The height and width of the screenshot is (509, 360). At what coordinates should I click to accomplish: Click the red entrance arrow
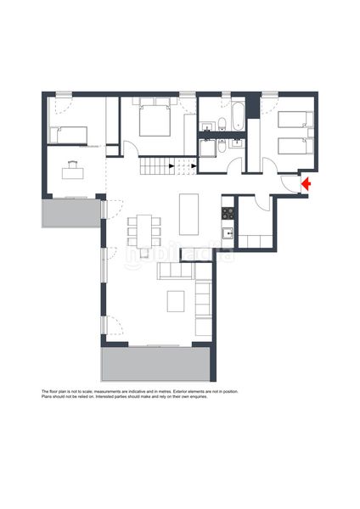[306, 184]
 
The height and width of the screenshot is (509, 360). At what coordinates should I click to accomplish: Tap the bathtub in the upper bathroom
[238, 116]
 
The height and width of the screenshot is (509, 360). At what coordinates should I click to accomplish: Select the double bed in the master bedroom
[155, 120]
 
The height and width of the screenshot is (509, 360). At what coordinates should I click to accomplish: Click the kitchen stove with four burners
[228, 213]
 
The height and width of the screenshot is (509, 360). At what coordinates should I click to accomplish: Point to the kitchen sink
[228, 233]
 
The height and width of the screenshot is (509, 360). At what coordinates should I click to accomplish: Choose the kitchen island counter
[188, 215]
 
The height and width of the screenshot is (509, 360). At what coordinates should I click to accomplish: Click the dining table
[144, 231]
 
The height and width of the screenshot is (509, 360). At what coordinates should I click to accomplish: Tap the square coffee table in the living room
[176, 301]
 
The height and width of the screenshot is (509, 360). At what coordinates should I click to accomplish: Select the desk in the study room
[73, 173]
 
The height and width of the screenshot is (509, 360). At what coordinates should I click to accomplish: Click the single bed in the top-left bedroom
[68, 135]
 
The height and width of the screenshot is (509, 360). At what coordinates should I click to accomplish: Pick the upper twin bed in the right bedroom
[295, 120]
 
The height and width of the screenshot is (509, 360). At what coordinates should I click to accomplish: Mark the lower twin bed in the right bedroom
[295, 147]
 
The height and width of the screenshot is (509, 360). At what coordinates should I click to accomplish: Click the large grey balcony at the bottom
[155, 364]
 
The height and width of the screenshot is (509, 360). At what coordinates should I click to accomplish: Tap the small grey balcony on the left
[70, 213]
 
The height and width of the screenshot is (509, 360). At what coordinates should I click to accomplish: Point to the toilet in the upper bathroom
[222, 124]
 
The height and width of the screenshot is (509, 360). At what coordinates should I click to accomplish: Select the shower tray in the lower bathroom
[208, 148]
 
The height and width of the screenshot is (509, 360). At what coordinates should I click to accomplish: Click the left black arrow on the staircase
[172, 166]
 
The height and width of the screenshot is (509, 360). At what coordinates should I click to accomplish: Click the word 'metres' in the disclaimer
[166, 391]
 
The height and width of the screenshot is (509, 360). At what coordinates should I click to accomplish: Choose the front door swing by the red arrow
[289, 185]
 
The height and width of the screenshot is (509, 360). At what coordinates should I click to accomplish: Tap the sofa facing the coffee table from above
[176, 271]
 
